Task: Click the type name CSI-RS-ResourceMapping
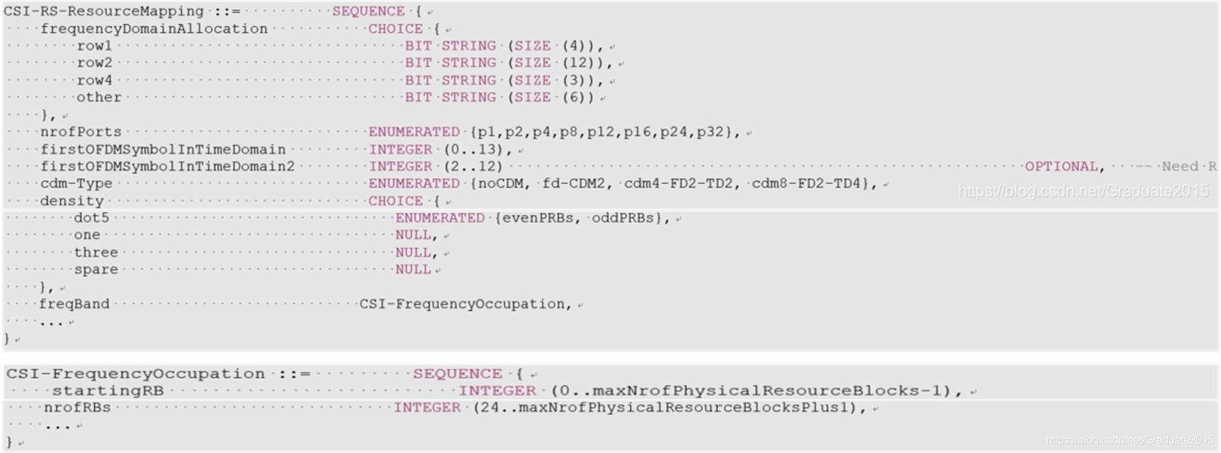coord(103,12)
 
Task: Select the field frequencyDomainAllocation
coord(154,29)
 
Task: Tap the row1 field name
coord(94,46)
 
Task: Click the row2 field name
coord(94,63)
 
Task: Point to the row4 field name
coord(94,80)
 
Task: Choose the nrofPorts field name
coord(81,132)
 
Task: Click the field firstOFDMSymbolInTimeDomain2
coord(167,167)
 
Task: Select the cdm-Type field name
coord(76,184)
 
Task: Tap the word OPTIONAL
coord(1061,167)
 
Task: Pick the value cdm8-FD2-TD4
coord(806,184)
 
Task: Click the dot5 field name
coord(91,218)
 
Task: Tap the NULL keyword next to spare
coord(413,269)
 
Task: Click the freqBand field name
coord(74,304)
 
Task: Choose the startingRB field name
coord(108,391)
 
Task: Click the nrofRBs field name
coord(77,408)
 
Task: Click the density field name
coord(72,201)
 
